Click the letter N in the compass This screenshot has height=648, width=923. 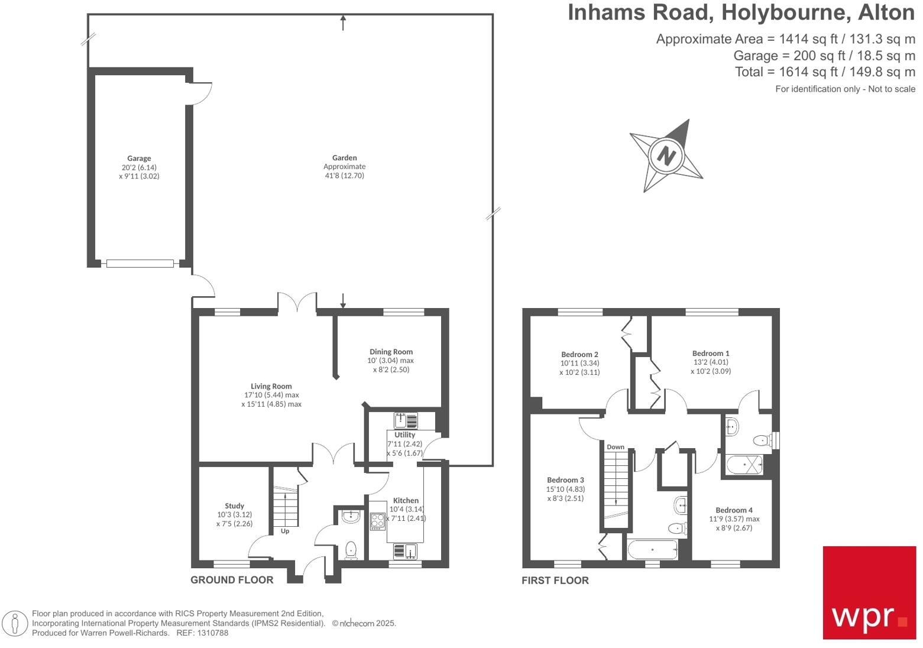[x=666, y=155]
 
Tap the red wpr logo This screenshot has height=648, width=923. [x=869, y=592]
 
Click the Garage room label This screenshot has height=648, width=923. [x=139, y=158]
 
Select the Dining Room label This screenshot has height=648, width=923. [x=391, y=352]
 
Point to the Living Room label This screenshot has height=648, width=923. [x=271, y=386]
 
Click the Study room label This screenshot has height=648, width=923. [x=234, y=506]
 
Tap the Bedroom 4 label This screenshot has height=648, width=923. [x=734, y=510]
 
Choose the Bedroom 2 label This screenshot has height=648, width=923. [x=579, y=355]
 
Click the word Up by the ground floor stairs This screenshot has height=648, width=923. [x=285, y=531]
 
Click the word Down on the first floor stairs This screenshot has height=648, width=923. [x=616, y=447]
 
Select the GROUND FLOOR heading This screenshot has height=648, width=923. [x=232, y=580]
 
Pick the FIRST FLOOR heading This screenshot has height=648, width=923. [x=555, y=581]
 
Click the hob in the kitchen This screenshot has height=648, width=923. [x=377, y=521]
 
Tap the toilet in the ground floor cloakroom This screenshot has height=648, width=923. [x=351, y=550]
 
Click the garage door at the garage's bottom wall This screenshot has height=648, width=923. [x=140, y=264]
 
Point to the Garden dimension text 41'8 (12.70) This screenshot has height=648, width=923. [x=344, y=176]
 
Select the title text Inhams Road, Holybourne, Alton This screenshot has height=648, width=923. [x=741, y=13]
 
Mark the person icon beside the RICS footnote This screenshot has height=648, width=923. [x=15, y=624]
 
